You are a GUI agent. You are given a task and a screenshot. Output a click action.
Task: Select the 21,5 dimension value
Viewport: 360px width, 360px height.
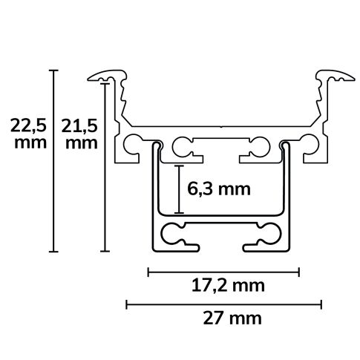click(79, 126)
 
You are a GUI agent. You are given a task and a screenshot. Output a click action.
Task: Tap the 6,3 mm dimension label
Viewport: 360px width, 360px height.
click(218, 189)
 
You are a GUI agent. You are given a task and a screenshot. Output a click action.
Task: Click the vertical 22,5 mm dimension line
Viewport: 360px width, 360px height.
click(53, 160)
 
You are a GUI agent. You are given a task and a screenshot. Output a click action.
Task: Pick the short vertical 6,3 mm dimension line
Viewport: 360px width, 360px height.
click(179, 189)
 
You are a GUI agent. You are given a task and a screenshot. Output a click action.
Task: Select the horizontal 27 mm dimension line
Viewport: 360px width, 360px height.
click(224, 304)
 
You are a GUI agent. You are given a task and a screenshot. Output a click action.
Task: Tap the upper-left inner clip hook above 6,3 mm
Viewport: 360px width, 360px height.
click(183, 148)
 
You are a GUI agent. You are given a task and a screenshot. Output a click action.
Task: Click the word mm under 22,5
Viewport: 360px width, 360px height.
click(27, 143)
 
